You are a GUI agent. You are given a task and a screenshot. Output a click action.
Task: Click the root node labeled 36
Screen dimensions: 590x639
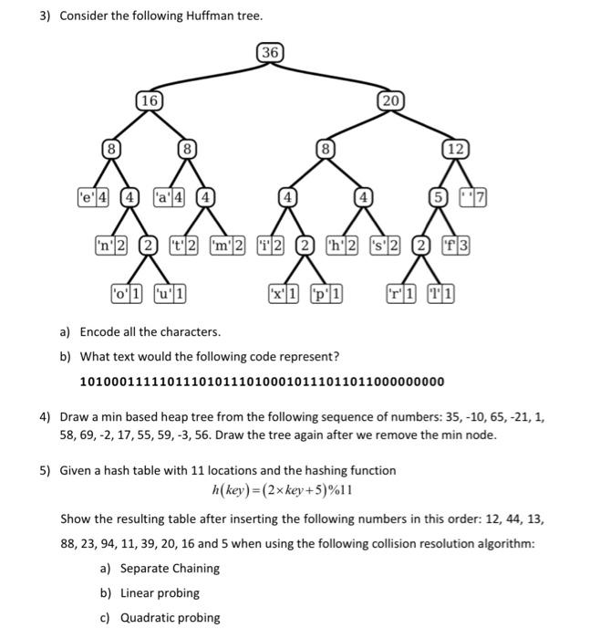[269, 53]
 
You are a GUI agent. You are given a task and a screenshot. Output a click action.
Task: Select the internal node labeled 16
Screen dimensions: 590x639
[148, 100]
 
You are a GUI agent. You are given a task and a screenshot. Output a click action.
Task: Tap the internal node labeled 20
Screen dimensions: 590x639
[389, 100]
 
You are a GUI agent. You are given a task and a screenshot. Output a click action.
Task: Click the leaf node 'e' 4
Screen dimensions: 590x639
[94, 195]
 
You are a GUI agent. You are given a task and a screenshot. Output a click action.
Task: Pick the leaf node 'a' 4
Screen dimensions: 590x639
[171, 195]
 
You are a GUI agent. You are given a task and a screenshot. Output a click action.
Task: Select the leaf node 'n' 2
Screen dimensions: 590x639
[111, 245]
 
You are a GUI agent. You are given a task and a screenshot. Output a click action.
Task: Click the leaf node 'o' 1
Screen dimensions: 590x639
[127, 294]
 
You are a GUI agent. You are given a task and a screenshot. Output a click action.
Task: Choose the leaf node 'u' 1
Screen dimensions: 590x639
[171, 294]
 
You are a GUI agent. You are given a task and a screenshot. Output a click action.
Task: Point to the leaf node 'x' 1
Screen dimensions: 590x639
[285, 294]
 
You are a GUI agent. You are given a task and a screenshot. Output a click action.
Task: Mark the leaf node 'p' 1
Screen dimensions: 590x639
[326, 294]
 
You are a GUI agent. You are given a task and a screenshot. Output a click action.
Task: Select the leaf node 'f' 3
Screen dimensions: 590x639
[456, 245]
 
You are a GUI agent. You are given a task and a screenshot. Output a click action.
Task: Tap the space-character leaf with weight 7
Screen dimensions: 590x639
[475, 195]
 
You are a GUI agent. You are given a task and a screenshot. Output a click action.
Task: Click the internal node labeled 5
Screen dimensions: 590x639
[440, 195]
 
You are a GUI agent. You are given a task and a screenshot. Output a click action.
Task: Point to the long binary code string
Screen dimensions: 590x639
[263, 381]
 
